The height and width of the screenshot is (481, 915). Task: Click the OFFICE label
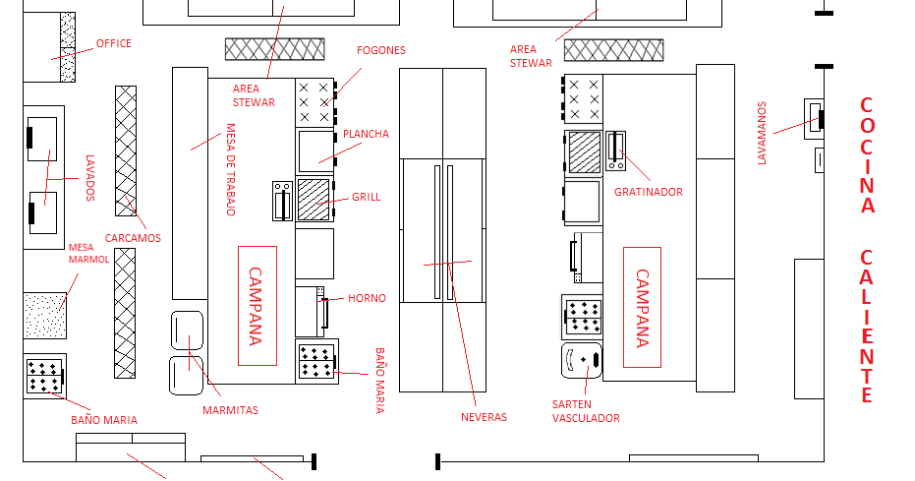tap(114, 43)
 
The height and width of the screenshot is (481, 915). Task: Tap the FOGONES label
tap(381, 50)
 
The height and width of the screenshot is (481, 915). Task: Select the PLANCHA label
tap(366, 134)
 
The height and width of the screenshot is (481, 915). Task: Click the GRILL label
tap(366, 197)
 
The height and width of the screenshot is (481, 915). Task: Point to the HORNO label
tap(367, 298)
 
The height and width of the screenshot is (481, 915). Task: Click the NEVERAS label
tap(484, 417)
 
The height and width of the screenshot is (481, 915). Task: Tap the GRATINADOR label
tap(649, 192)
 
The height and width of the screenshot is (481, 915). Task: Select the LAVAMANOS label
tap(762, 133)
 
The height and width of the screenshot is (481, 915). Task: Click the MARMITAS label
tap(231, 410)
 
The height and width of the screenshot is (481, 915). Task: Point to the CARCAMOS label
tap(133, 238)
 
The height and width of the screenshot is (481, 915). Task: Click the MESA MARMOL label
tap(88, 254)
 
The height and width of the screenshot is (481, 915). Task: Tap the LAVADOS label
tap(89, 178)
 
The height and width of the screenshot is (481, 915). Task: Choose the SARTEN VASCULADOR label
tap(586, 411)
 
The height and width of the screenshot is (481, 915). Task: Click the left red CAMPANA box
tap(257, 306)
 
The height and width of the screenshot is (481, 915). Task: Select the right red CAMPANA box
tap(642, 307)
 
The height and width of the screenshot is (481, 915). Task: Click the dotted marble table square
tap(45, 315)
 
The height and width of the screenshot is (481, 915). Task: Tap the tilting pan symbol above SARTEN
tap(582, 360)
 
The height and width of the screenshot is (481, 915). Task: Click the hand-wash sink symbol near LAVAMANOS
tap(814, 118)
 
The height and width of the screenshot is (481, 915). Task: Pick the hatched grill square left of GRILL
tap(314, 200)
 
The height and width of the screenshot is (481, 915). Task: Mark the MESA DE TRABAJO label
tap(231, 169)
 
